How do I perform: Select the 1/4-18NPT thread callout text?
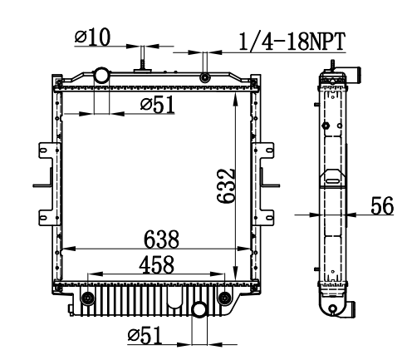(292, 42)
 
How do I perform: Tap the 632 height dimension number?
(227, 186)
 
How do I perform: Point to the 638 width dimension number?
(161, 239)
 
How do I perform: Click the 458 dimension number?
(157, 264)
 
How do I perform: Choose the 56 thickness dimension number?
(382, 205)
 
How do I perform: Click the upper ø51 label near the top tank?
(158, 105)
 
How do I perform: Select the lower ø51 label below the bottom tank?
(145, 335)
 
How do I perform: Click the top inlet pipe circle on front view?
(101, 75)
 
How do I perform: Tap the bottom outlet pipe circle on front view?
(199, 310)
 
